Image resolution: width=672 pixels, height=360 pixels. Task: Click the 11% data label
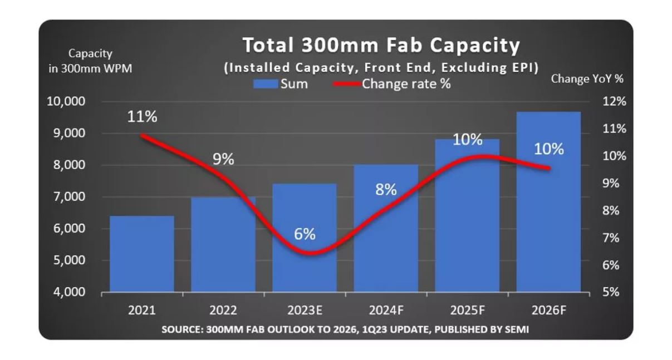142,117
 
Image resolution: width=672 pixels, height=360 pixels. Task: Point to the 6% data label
305,234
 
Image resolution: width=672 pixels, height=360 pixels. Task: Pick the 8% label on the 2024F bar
386,189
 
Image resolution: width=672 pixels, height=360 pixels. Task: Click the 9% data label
223,159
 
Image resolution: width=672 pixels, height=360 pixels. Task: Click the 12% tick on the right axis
614,102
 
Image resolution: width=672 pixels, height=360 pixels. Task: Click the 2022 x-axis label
223,310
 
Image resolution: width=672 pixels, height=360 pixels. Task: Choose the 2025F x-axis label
467,310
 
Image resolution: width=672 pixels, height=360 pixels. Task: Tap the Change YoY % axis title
587,79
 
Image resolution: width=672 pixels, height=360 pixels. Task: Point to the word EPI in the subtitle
522,68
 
